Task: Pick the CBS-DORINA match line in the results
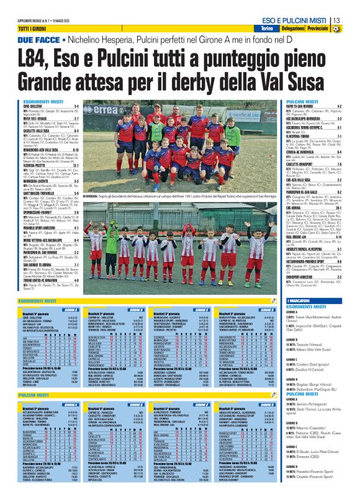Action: pos(296,164)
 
